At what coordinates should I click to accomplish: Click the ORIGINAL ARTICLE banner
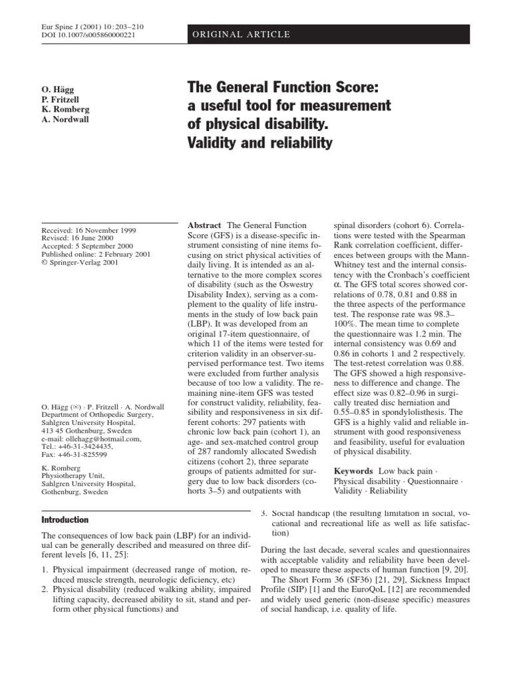coord(241,35)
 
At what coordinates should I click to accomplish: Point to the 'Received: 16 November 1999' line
coord(88,230)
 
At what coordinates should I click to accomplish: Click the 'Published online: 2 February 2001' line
coord(97,254)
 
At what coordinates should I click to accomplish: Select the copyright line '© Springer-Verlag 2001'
coord(81,262)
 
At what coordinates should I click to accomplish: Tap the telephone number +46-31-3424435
coord(88,447)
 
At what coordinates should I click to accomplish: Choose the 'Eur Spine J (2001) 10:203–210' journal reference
coord(92,27)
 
